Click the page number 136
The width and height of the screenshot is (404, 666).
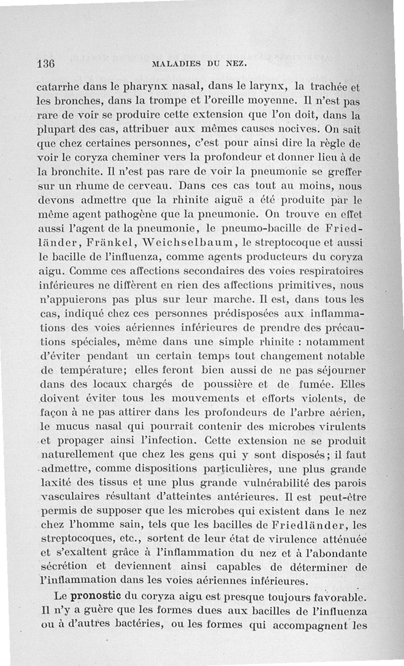click(45, 64)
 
